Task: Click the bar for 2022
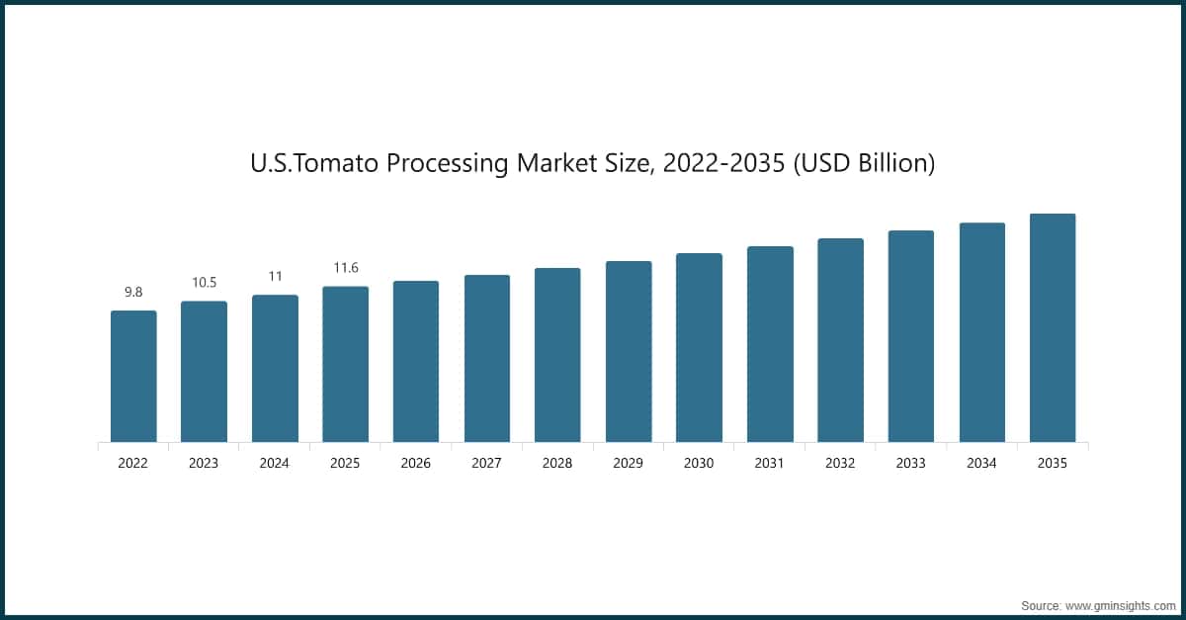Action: [133, 376]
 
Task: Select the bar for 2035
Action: [1053, 327]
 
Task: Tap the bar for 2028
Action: [557, 354]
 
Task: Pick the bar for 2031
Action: [770, 343]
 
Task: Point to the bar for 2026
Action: [416, 361]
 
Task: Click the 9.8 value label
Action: [133, 292]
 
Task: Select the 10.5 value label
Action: [204, 283]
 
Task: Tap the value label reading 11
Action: [275, 276]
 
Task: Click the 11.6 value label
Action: [345, 268]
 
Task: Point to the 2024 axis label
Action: [275, 463]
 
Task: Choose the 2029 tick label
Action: [629, 463]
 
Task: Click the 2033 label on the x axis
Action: [911, 463]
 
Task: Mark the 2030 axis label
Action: [699, 463]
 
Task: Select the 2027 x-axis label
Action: [487, 463]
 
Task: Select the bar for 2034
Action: [982, 332]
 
